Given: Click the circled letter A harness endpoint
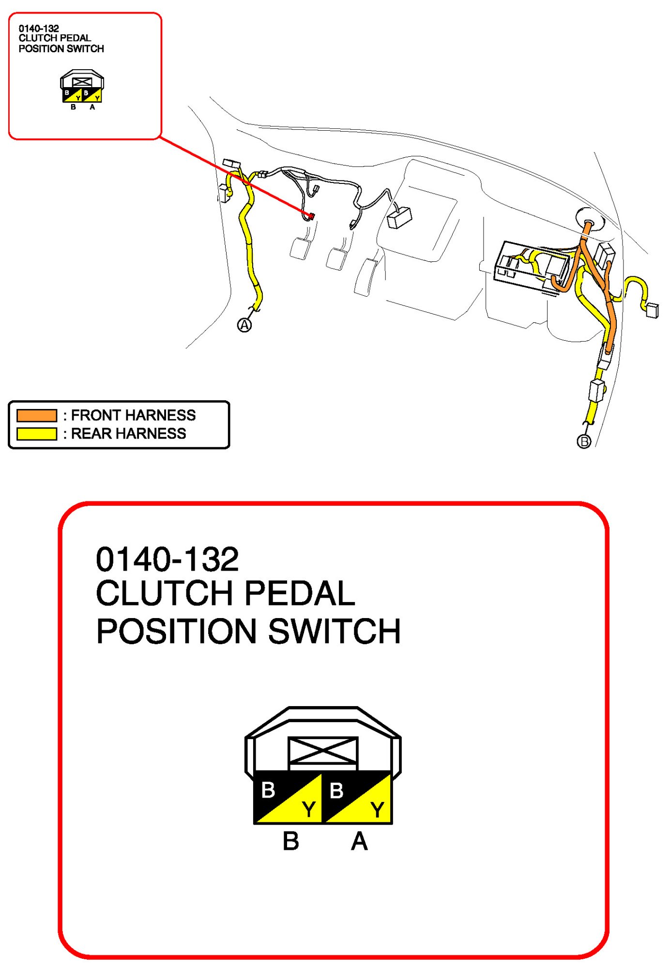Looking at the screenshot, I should pyautogui.click(x=244, y=325).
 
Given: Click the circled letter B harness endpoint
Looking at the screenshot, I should pyautogui.click(x=584, y=441).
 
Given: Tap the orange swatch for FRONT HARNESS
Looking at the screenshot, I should pyautogui.click(x=37, y=415).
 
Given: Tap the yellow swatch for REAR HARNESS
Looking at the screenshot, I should pyautogui.click(x=37, y=433).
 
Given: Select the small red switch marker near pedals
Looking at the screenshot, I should pyautogui.click(x=311, y=216).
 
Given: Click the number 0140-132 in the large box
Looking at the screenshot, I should pyautogui.click(x=167, y=559).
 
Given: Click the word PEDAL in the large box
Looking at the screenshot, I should pyautogui.click(x=300, y=593).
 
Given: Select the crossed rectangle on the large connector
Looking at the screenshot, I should pyautogui.click(x=323, y=751).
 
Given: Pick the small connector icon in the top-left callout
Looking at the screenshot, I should pyautogui.click(x=82, y=87).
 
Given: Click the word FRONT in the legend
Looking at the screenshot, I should pyautogui.click(x=95, y=415).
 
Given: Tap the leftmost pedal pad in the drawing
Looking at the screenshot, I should pyautogui.click(x=300, y=248).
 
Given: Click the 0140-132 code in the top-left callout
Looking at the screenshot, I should pyautogui.click(x=39, y=29).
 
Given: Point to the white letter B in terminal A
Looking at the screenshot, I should pyautogui.click(x=336, y=791).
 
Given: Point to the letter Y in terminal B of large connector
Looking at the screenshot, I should pyautogui.click(x=309, y=809).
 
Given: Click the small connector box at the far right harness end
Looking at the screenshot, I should pyautogui.click(x=653, y=310).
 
